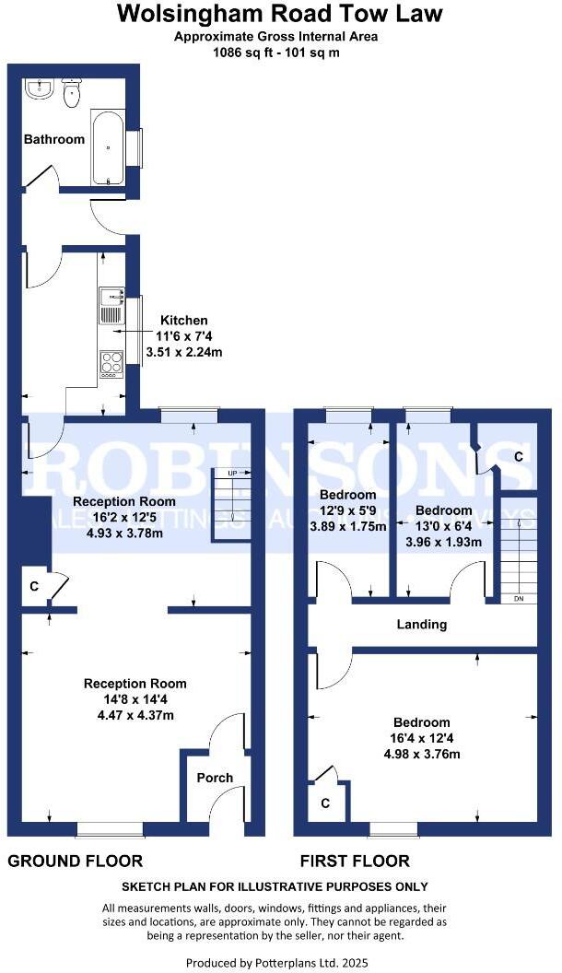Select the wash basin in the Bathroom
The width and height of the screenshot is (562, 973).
(40, 88)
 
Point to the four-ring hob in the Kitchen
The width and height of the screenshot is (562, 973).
(111, 363)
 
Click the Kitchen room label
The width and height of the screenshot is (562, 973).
(184, 321)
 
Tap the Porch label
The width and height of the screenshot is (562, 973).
(215, 778)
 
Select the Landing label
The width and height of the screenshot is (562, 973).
(422, 625)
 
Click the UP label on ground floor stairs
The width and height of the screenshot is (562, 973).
(232, 473)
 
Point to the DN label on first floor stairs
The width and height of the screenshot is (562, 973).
(519, 599)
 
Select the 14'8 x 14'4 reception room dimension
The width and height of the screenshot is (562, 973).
(135, 699)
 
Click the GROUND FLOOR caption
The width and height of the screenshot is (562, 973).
(76, 862)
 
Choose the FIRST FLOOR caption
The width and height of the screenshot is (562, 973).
(355, 862)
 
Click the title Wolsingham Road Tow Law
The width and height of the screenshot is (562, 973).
(280, 14)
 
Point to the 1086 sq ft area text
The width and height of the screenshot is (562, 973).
(280, 52)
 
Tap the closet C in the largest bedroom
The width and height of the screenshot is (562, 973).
(326, 803)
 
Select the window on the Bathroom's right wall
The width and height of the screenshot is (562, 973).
(140, 148)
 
